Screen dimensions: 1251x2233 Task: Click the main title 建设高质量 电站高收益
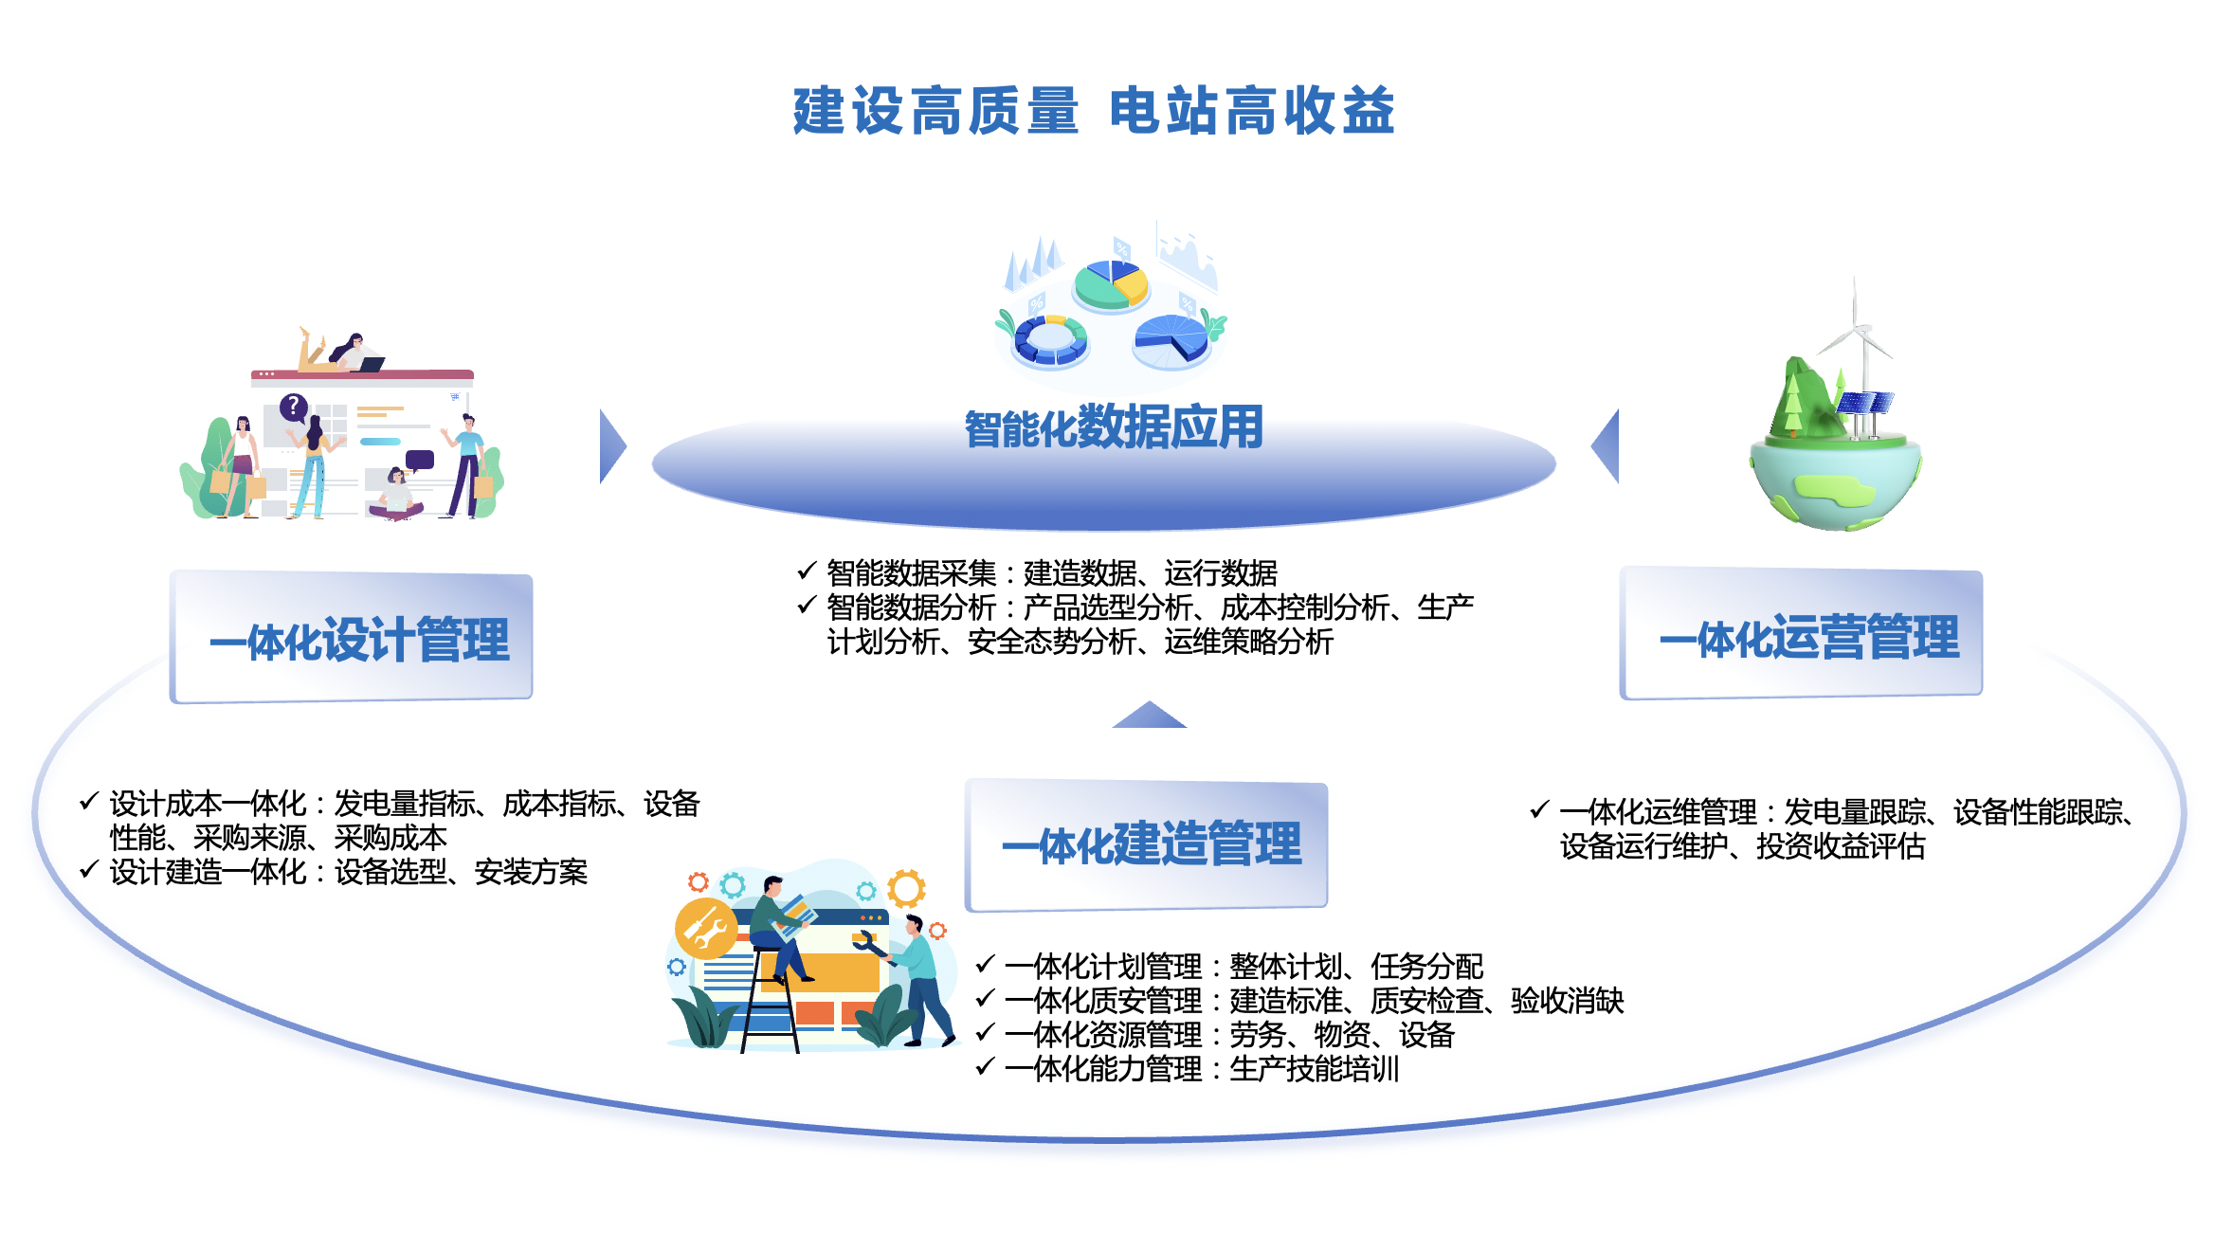click(x=1094, y=111)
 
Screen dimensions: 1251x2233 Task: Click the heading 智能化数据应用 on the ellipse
click(x=1114, y=427)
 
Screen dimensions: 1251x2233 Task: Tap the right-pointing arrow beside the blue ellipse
click(x=611, y=446)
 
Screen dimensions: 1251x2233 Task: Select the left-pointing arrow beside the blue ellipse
click(x=1607, y=446)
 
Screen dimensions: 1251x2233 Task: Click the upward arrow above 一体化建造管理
click(x=1149, y=716)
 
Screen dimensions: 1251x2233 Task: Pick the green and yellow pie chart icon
click(x=1111, y=283)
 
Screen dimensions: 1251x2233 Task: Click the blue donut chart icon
click(x=1050, y=339)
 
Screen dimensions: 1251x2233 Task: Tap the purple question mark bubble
click(x=294, y=408)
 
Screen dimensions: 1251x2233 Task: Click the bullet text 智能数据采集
click(x=911, y=573)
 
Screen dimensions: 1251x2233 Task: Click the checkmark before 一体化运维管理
click(x=1539, y=809)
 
